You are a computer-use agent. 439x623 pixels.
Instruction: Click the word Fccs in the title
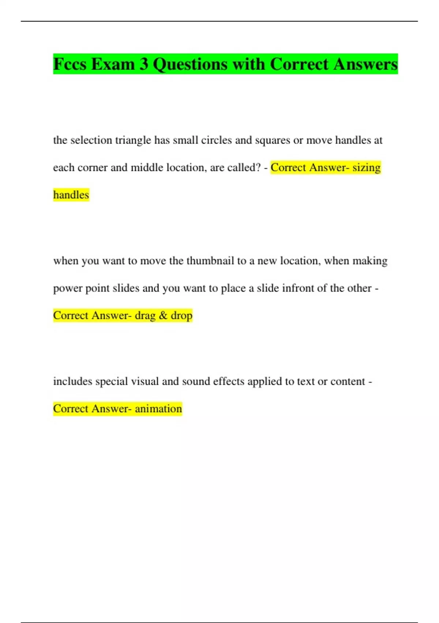(x=70, y=64)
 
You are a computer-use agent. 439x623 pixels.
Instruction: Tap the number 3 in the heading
(x=144, y=64)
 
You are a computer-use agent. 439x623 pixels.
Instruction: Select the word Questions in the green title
(x=190, y=64)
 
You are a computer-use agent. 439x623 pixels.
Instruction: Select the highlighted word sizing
(x=367, y=168)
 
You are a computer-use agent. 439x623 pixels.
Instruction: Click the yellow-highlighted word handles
(x=71, y=195)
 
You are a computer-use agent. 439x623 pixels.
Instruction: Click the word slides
(x=126, y=288)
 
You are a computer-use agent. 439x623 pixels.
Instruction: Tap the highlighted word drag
(x=145, y=316)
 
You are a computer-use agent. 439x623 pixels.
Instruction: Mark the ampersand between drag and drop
(x=163, y=316)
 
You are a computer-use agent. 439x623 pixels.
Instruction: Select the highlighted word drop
(x=181, y=316)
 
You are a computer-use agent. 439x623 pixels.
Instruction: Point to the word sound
(x=196, y=381)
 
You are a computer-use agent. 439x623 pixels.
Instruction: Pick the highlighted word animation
(x=158, y=409)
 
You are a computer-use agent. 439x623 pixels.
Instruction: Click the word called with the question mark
(x=244, y=167)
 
